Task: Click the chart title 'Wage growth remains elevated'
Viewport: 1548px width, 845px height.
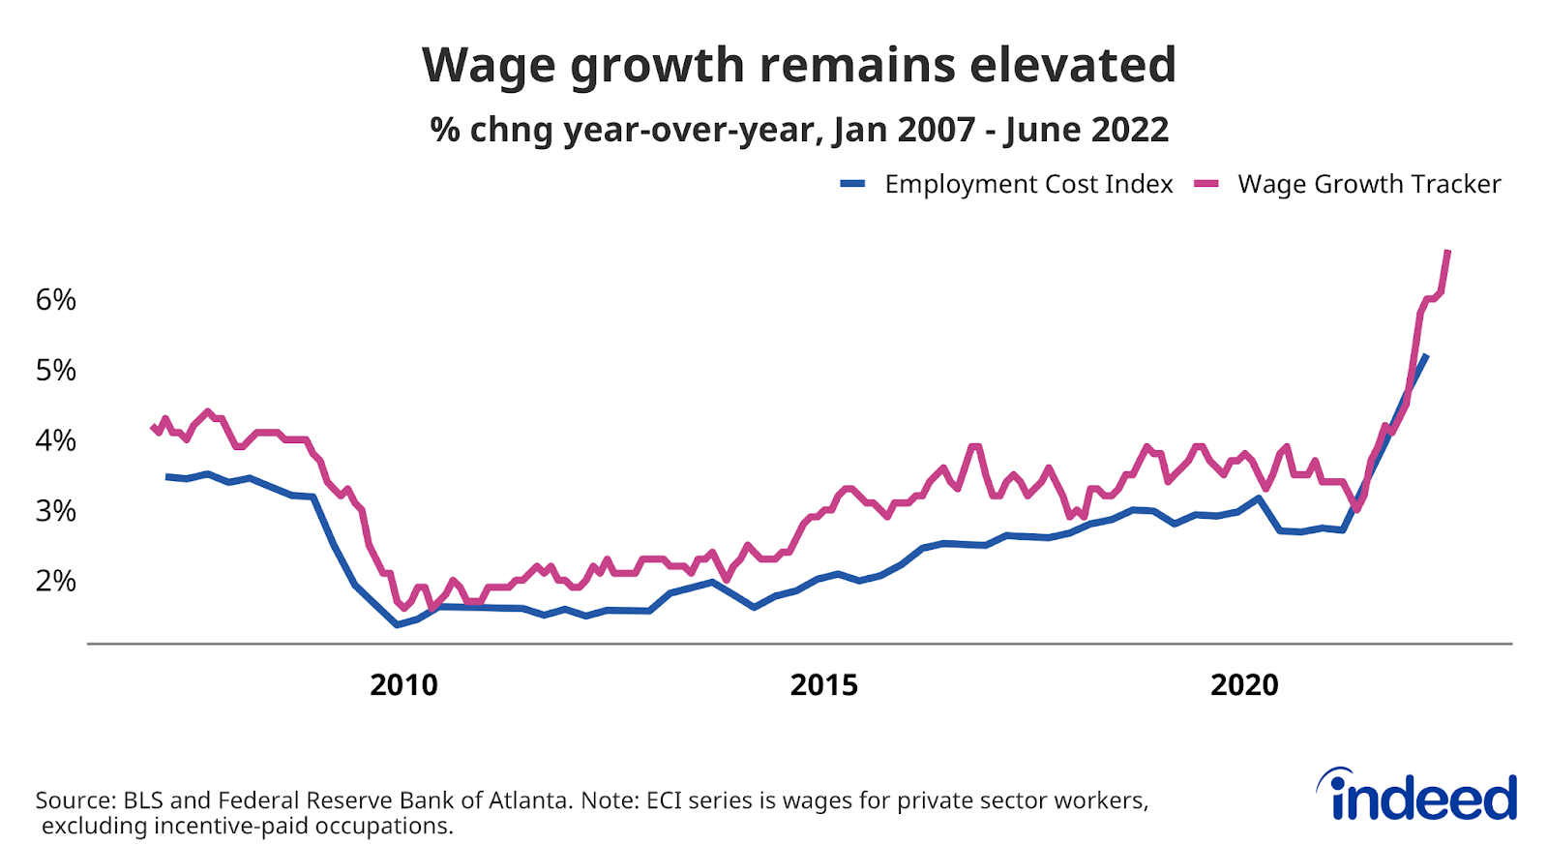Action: click(x=798, y=66)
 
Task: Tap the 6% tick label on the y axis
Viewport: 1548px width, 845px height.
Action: click(x=55, y=300)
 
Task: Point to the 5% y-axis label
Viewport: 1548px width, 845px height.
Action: click(x=55, y=370)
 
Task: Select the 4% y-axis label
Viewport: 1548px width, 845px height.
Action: click(x=55, y=440)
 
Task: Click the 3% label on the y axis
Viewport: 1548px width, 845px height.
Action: click(x=55, y=511)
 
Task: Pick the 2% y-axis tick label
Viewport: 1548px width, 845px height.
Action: click(x=55, y=581)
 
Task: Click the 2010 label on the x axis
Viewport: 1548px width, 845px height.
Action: click(x=403, y=685)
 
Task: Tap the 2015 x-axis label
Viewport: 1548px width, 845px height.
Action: click(x=823, y=685)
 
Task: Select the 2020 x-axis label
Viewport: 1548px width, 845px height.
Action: click(x=1244, y=685)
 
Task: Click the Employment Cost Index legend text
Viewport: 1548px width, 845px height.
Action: click(x=1028, y=184)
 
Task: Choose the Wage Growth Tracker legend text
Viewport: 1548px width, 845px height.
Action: click(x=1369, y=184)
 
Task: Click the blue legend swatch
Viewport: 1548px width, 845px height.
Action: click(x=852, y=184)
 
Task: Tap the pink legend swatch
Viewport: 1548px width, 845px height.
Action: click(x=1206, y=184)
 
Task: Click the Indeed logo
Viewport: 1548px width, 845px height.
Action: click(x=1417, y=796)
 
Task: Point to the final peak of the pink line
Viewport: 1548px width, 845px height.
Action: click(x=1447, y=252)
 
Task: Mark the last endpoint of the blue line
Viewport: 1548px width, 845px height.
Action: click(x=1426, y=356)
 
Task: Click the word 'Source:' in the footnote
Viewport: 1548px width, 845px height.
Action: click(x=75, y=800)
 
